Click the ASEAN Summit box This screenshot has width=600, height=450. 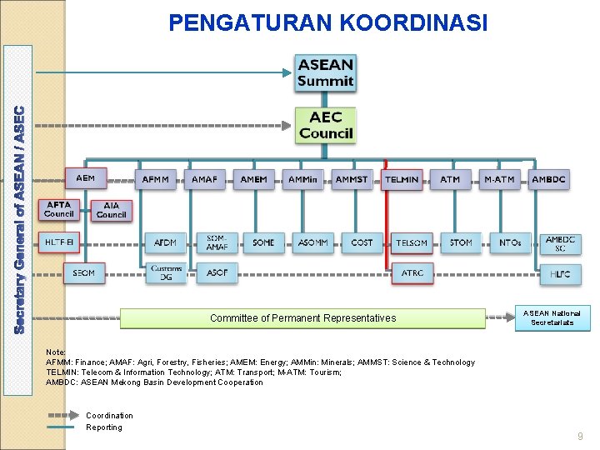326,72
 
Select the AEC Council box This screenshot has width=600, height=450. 326,125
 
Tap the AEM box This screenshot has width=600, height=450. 86,178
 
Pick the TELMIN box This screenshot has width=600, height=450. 402,180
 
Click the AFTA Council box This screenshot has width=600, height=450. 59,209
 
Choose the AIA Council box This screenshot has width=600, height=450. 111,210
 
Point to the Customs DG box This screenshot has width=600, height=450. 166,272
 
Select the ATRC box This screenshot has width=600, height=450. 412,273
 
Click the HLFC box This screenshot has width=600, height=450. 560,273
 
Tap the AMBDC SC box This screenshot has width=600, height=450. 560,243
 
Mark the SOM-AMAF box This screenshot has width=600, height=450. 217,242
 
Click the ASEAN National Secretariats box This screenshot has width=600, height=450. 552,317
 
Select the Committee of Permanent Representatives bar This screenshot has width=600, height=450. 302,318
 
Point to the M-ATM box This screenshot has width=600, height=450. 499,179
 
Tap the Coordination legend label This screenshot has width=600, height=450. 109,415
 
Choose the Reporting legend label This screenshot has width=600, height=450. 104,427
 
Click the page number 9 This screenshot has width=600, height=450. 581,437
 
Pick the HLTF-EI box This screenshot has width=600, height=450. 59,242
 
